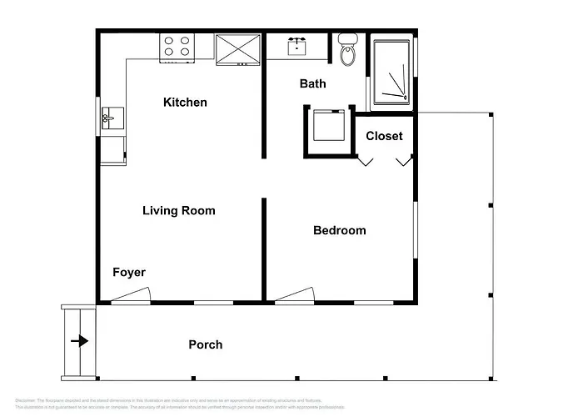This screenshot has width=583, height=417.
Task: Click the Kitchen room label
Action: pyautogui.click(x=185, y=103)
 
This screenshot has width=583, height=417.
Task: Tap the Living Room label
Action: pyautogui.click(x=178, y=211)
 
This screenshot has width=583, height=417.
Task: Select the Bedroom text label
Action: pyautogui.click(x=339, y=231)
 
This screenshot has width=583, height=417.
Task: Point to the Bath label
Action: pyautogui.click(x=312, y=84)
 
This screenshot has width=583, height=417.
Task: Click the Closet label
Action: pyautogui.click(x=384, y=136)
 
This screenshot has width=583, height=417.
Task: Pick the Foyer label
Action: pyautogui.click(x=129, y=273)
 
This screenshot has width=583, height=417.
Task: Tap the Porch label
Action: pyautogui.click(x=205, y=344)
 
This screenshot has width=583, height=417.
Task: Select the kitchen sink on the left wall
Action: pyautogui.click(x=111, y=120)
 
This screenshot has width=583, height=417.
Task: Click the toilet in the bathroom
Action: pyautogui.click(x=346, y=51)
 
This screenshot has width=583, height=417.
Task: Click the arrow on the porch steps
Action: pyautogui.click(x=79, y=341)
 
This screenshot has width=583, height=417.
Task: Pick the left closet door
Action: pyautogui.click(x=366, y=160)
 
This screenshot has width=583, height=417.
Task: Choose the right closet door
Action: pyautogui.click(x=404, y=160)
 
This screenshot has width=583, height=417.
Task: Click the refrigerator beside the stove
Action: pyautogui.click(x=238, y=49)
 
